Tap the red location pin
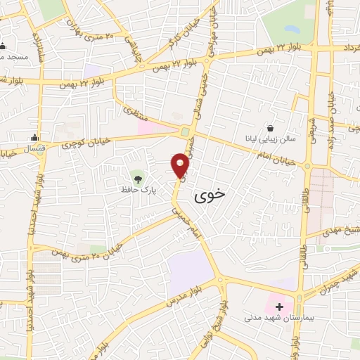tap(181, 166)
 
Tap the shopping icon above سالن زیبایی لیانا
tap(271, 127)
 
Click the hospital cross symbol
tap(279, 307)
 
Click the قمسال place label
tap(34, 149)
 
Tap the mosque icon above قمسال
tap(34, 137)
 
